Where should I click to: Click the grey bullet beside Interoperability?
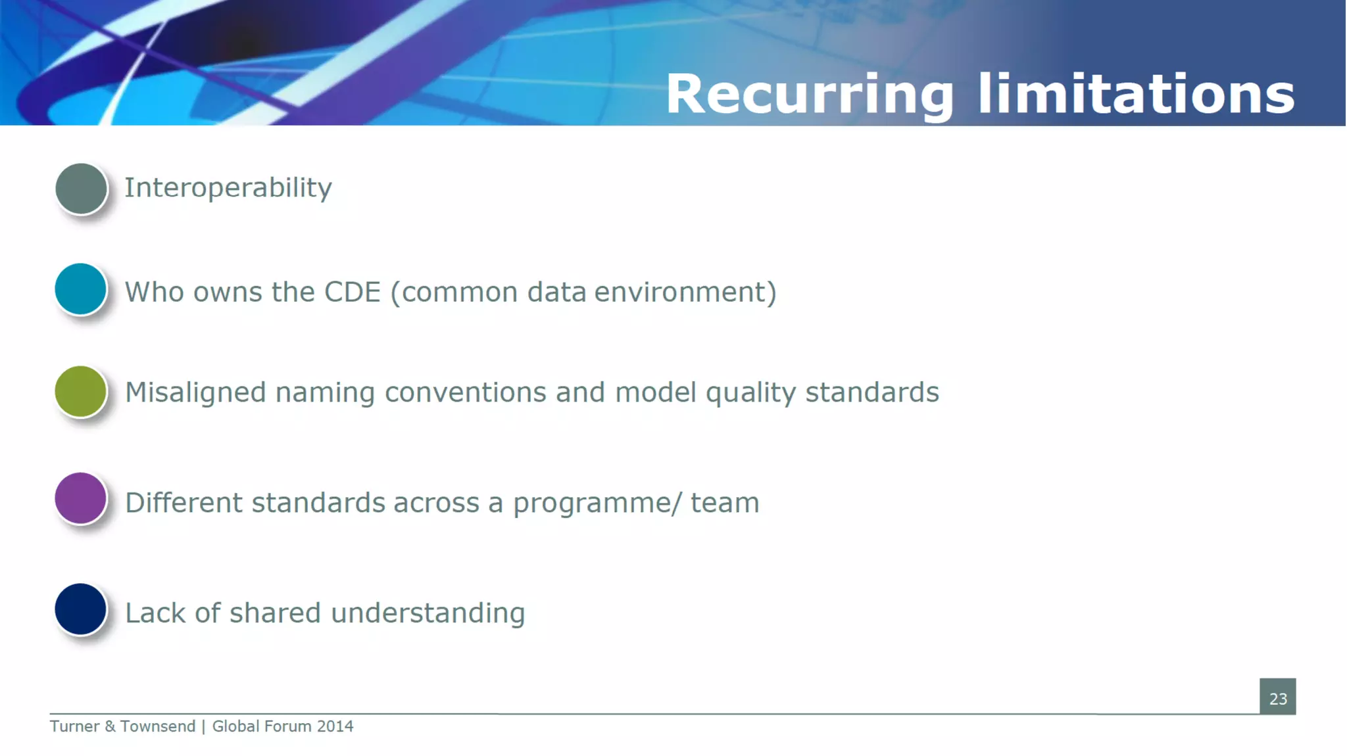(x=81, y=189)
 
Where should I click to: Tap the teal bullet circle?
(x=80, y=289)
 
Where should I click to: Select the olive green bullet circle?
(x=80, y=392)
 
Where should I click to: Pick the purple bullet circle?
(x=80, y=498)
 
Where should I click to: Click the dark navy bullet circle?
(x=80, y=609)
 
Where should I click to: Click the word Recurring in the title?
(x=810, y=94)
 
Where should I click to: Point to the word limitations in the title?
(x=1136, y=94)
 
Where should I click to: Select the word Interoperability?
(x=228, y=188)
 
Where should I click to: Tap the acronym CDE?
(x=353, y=293)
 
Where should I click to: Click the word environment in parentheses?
(x=685, y=293)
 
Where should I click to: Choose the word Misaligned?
(x=195, y=392)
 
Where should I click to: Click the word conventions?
(x=466, y=392)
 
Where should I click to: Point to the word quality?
(x=750, y=393)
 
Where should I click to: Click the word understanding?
(x=428, y=613)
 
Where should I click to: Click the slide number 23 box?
(x=1277, y=697)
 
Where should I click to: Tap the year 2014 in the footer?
(x=335, y=726)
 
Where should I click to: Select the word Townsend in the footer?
(x=158, y=726)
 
